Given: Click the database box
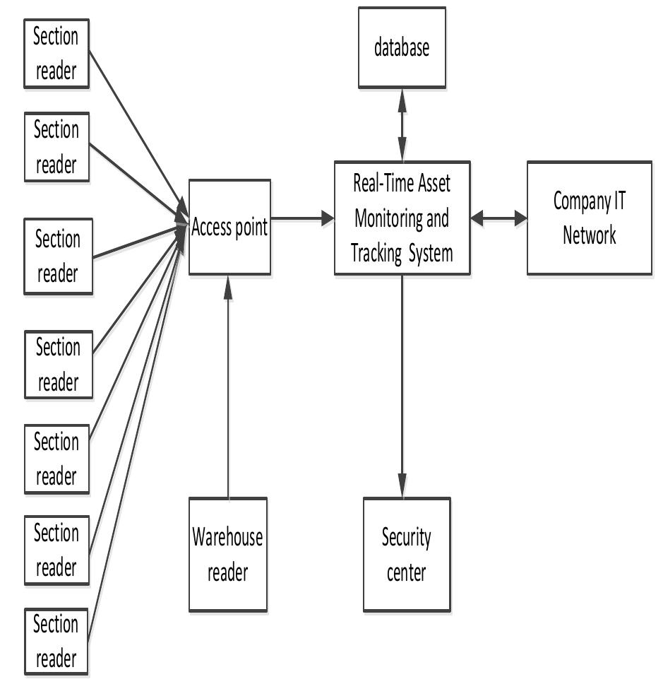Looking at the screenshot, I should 402,47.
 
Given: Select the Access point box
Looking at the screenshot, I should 229,226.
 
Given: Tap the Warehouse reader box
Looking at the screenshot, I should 227,554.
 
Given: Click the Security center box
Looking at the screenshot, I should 407,554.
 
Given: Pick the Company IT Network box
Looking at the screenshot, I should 589,218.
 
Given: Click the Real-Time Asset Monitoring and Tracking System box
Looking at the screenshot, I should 402,218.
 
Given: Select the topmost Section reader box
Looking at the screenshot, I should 56,54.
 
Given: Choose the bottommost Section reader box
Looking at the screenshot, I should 56,642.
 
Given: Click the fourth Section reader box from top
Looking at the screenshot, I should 57,365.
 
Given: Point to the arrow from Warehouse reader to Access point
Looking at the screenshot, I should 228,389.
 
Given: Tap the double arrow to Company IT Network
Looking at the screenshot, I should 498,218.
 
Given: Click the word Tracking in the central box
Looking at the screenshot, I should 376,254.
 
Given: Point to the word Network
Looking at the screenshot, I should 589,235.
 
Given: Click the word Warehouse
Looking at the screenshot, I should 227,537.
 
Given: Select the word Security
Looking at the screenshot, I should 407,538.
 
